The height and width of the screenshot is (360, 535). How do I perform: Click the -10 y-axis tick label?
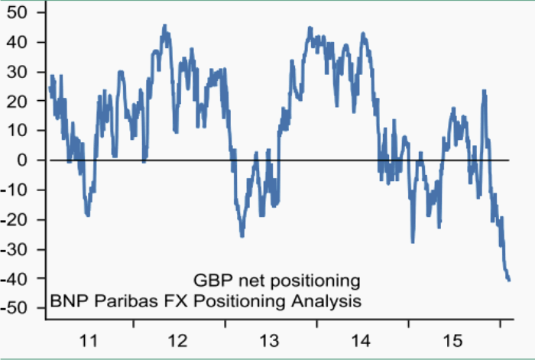17,190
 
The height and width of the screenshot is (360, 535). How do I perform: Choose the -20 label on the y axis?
17,220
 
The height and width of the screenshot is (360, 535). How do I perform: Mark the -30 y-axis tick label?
17,249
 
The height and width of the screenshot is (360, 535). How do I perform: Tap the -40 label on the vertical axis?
17,279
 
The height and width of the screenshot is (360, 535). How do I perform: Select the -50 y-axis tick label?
17,308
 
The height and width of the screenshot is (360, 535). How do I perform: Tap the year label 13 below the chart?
271,339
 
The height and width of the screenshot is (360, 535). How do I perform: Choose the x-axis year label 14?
362,339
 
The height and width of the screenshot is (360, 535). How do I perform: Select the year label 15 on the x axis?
454,339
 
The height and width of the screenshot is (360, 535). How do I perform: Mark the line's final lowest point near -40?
509,280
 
